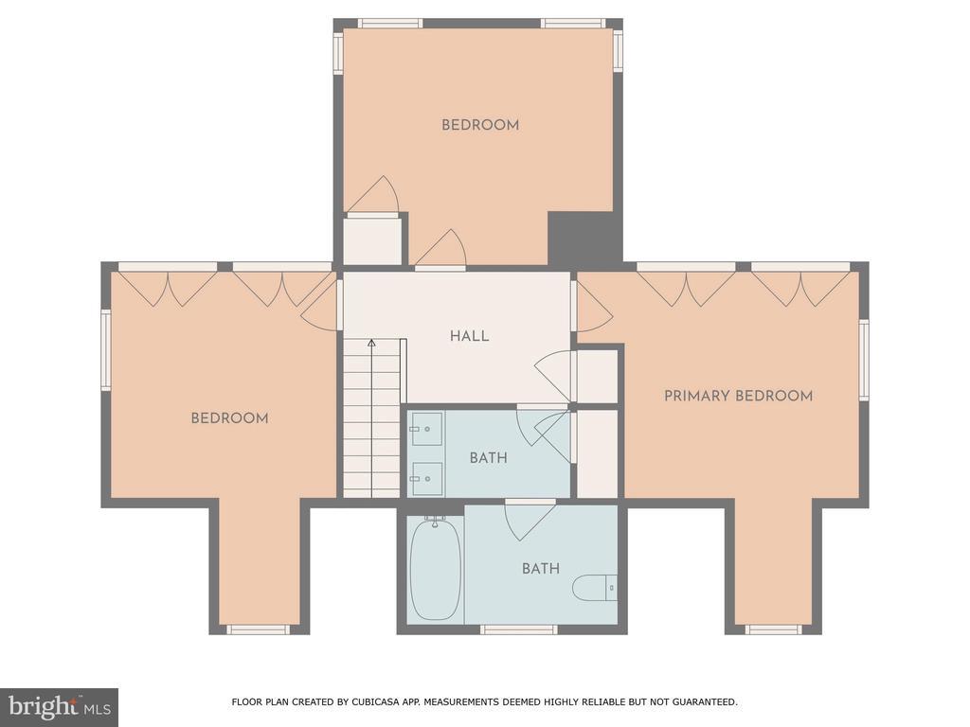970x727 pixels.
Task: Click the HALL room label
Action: click(469, 336)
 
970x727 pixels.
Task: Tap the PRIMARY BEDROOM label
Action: click(738, 396)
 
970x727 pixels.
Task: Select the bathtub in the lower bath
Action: click(435, 569)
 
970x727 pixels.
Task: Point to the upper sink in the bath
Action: click(425, 429)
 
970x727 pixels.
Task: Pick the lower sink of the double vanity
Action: click(425, 478)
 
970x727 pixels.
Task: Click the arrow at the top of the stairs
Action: click(371, 343)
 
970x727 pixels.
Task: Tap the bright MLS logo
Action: click(59, 707)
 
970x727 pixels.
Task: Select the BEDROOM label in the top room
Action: click(480, 125)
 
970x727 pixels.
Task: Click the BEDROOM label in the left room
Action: click(229, 417)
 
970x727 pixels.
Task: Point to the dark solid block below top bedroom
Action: click(584, 238)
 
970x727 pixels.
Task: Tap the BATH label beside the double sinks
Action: click(488, 458)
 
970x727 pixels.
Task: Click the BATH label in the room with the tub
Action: click(541, 569)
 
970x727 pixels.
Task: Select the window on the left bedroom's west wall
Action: click(106, 350)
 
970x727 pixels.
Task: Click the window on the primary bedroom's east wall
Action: click(864, 360)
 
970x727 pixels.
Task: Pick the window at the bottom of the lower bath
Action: click(519, 629)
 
